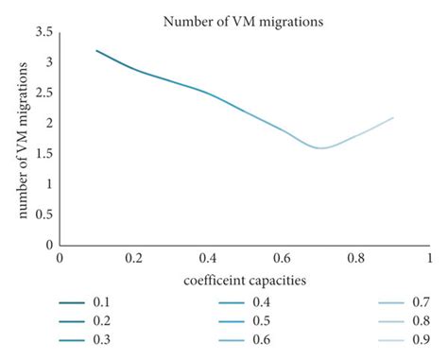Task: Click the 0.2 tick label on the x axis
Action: coord(133,258)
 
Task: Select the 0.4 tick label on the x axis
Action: coord(207,258)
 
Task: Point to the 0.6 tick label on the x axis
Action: coord(281,258)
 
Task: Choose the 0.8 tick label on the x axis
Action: coord(354,258)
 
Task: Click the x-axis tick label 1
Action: coord(428,258)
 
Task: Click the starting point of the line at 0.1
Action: coord(96,50)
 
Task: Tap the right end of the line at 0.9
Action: coord(392,117)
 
